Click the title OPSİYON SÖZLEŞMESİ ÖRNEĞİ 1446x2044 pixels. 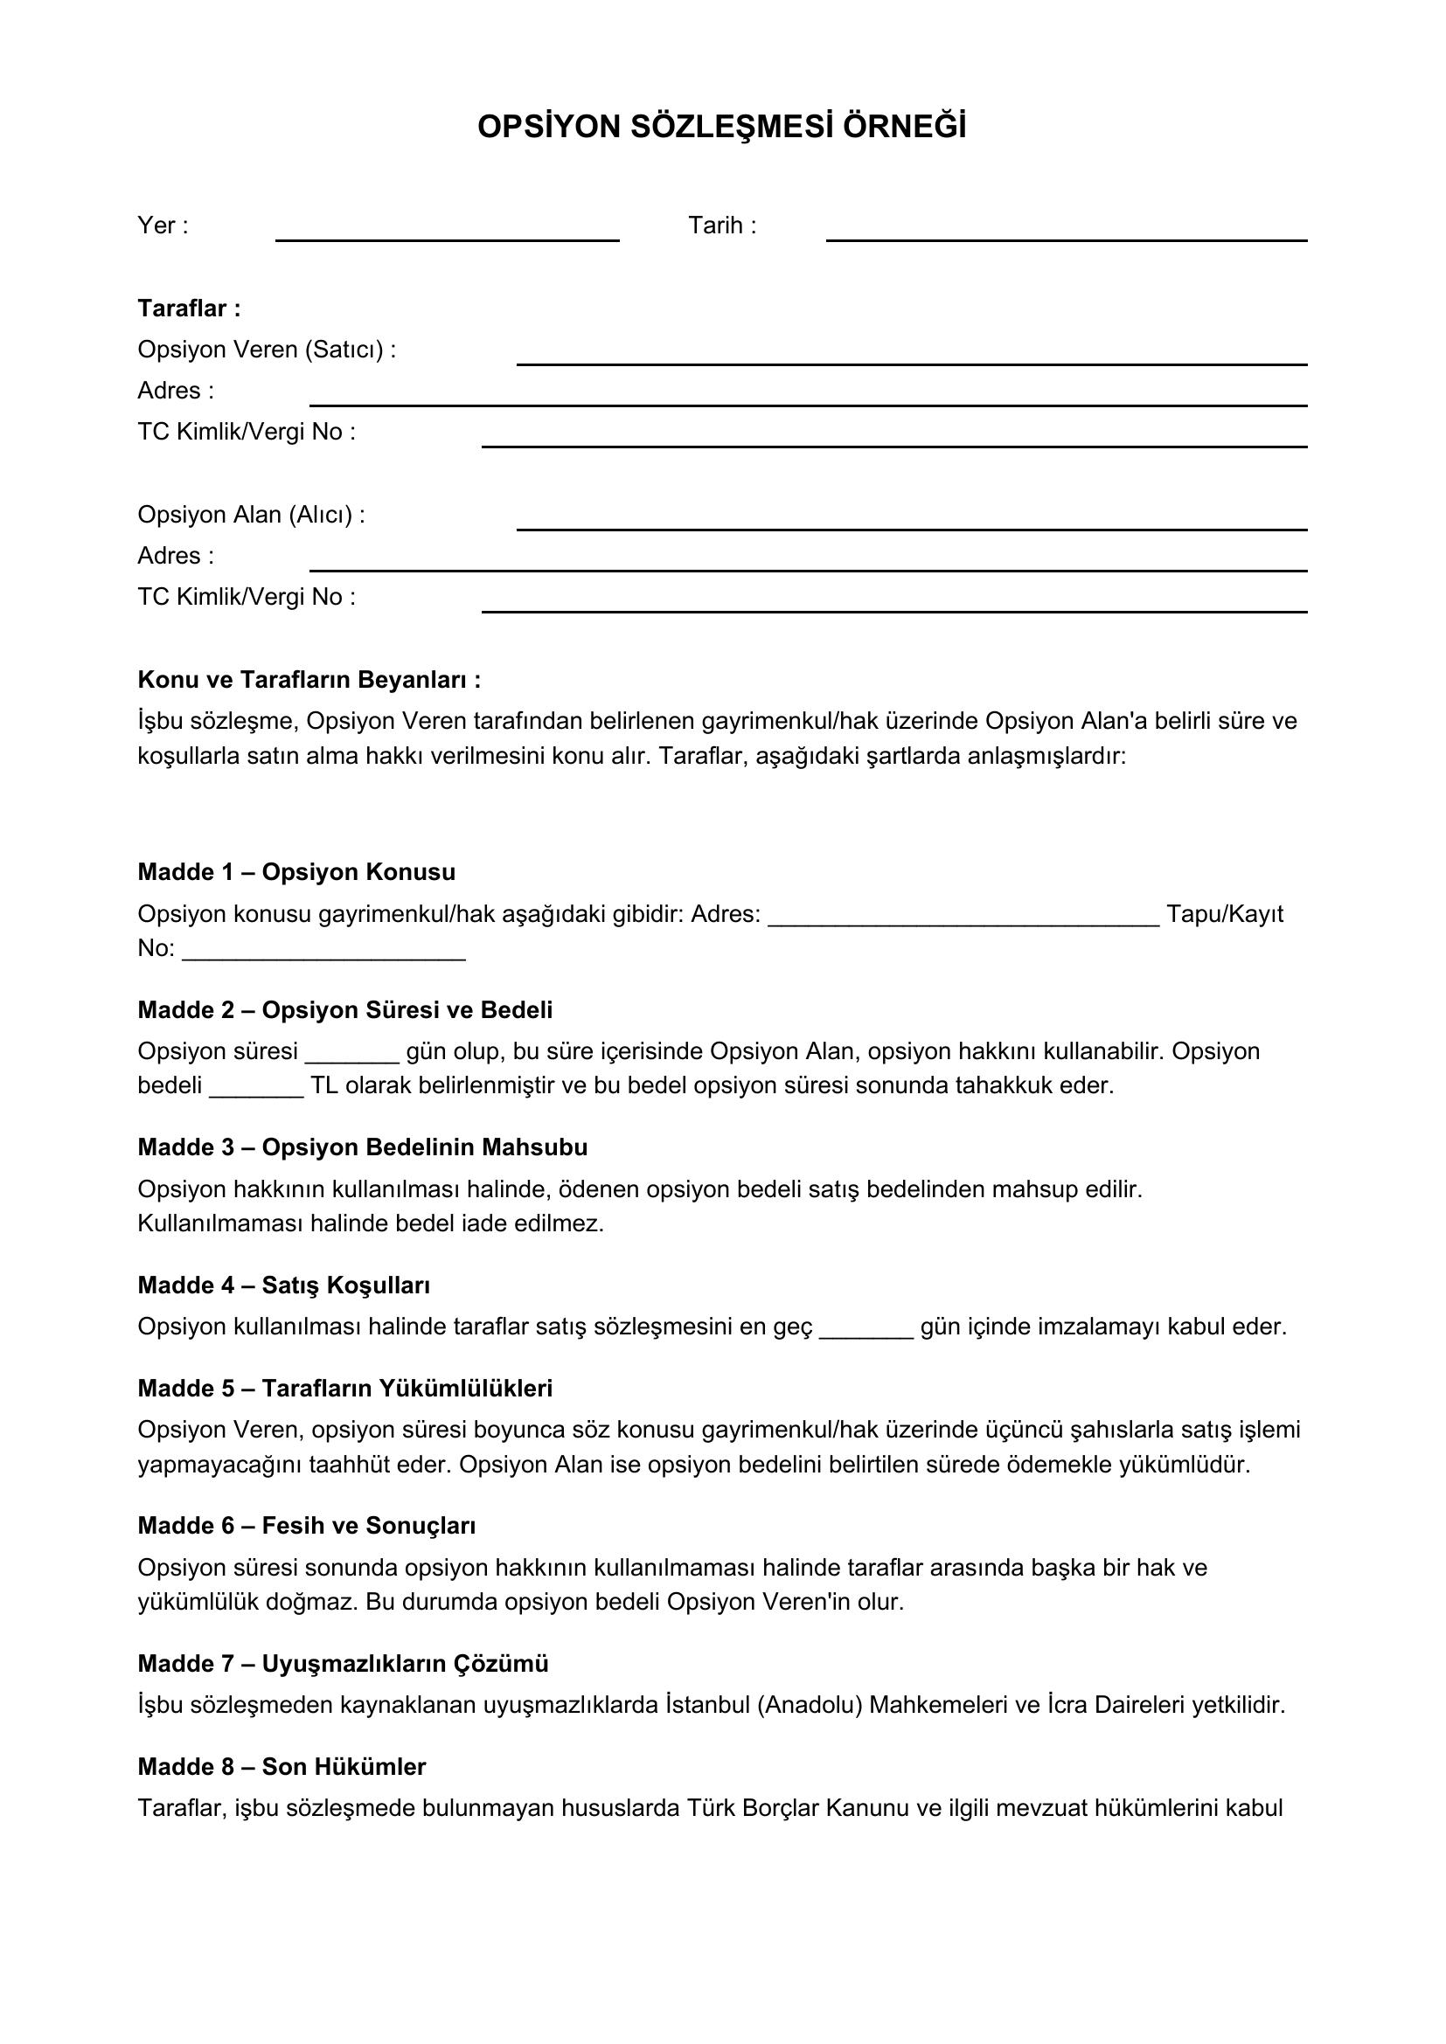(x=721, y=128)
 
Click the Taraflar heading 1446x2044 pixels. (x=189, y=308)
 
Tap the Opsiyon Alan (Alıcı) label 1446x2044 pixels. (x=251, y=515)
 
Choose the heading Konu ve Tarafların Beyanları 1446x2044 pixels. (x=309, y=679)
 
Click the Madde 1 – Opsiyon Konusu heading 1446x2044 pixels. (x=296, y=871)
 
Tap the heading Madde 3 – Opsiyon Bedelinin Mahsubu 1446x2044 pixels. (x=363, y=1147)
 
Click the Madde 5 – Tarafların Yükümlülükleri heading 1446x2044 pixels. (x=344, y=1388)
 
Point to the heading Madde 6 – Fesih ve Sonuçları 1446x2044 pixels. (x=306, y=1526)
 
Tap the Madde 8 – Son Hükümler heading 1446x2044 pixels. (x=282, y=1766)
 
